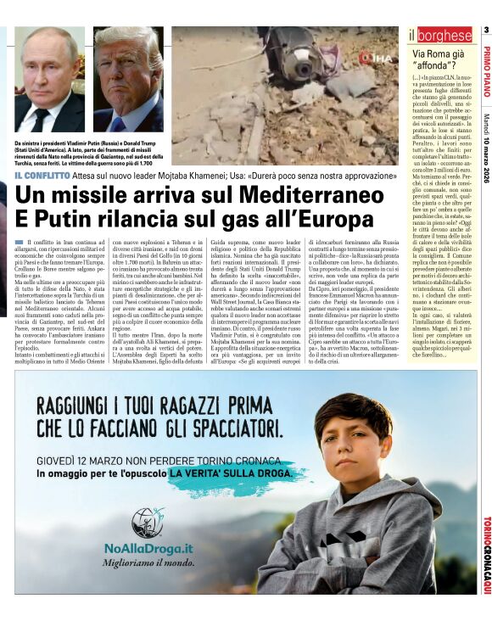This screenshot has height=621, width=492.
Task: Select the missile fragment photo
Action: [284, 93]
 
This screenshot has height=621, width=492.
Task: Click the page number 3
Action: [486, 31]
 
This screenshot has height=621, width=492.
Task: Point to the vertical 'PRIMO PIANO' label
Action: [486, 73]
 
